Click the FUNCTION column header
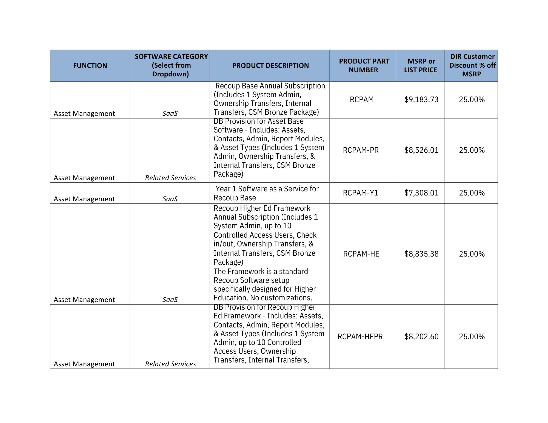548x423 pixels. [x=90, y=65]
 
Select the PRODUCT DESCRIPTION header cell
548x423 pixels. [x=270, y=65]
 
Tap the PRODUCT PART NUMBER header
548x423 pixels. [x=364, y=65]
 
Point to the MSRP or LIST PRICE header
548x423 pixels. [x=421, y=65]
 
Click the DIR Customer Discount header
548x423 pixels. [x=472, y=65]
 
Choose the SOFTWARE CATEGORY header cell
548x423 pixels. [x=171, y=65]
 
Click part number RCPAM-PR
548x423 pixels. [x=361, y=150]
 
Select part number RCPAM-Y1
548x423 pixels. [x=360, y=193]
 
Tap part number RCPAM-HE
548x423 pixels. [x=361, y=254]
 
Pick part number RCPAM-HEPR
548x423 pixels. [x=360, y=336]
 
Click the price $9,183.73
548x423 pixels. [x=421, y=99]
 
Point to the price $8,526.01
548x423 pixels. [x=421, y=150]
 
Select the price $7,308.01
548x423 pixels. [x=421, y=193]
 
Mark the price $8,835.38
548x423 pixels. [x=421, y=254]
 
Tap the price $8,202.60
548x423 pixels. [x=421, y=336]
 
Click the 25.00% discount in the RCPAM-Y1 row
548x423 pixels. [x=472, y=193]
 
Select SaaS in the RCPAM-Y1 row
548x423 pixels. [x=170, y=199]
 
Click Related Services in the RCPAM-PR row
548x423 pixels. [x=170, y=178]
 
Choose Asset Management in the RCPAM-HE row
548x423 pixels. [x=84, y=300]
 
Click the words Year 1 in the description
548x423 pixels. [x=226, y=189]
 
